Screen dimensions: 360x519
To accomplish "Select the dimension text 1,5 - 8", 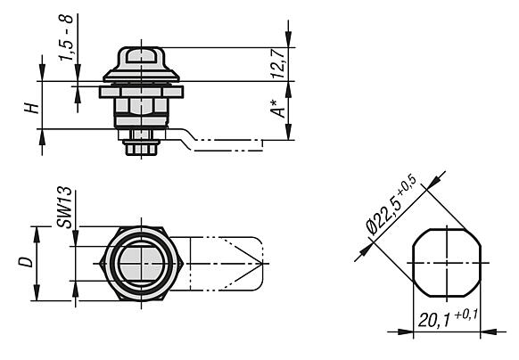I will point(65,37).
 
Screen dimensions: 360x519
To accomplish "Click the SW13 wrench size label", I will point(64,208).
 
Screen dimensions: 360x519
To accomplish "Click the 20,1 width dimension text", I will point(434,319).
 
